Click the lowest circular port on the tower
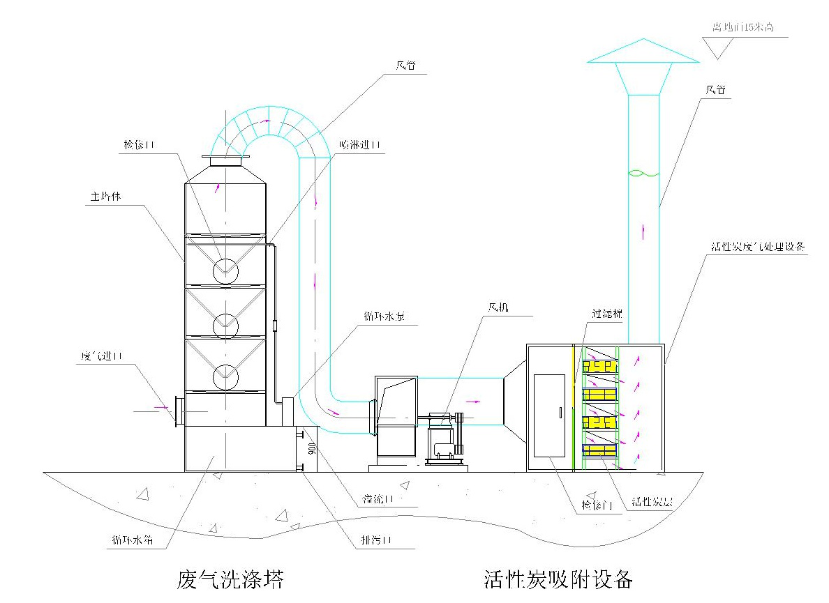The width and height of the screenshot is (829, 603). click(226, 377)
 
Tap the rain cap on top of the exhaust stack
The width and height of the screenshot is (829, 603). click(643, 52)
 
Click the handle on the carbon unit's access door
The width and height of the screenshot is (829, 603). click(560, 411)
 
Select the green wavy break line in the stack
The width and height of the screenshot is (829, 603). click(643, 173)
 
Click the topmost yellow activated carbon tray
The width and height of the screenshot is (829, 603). click(600, 365)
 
